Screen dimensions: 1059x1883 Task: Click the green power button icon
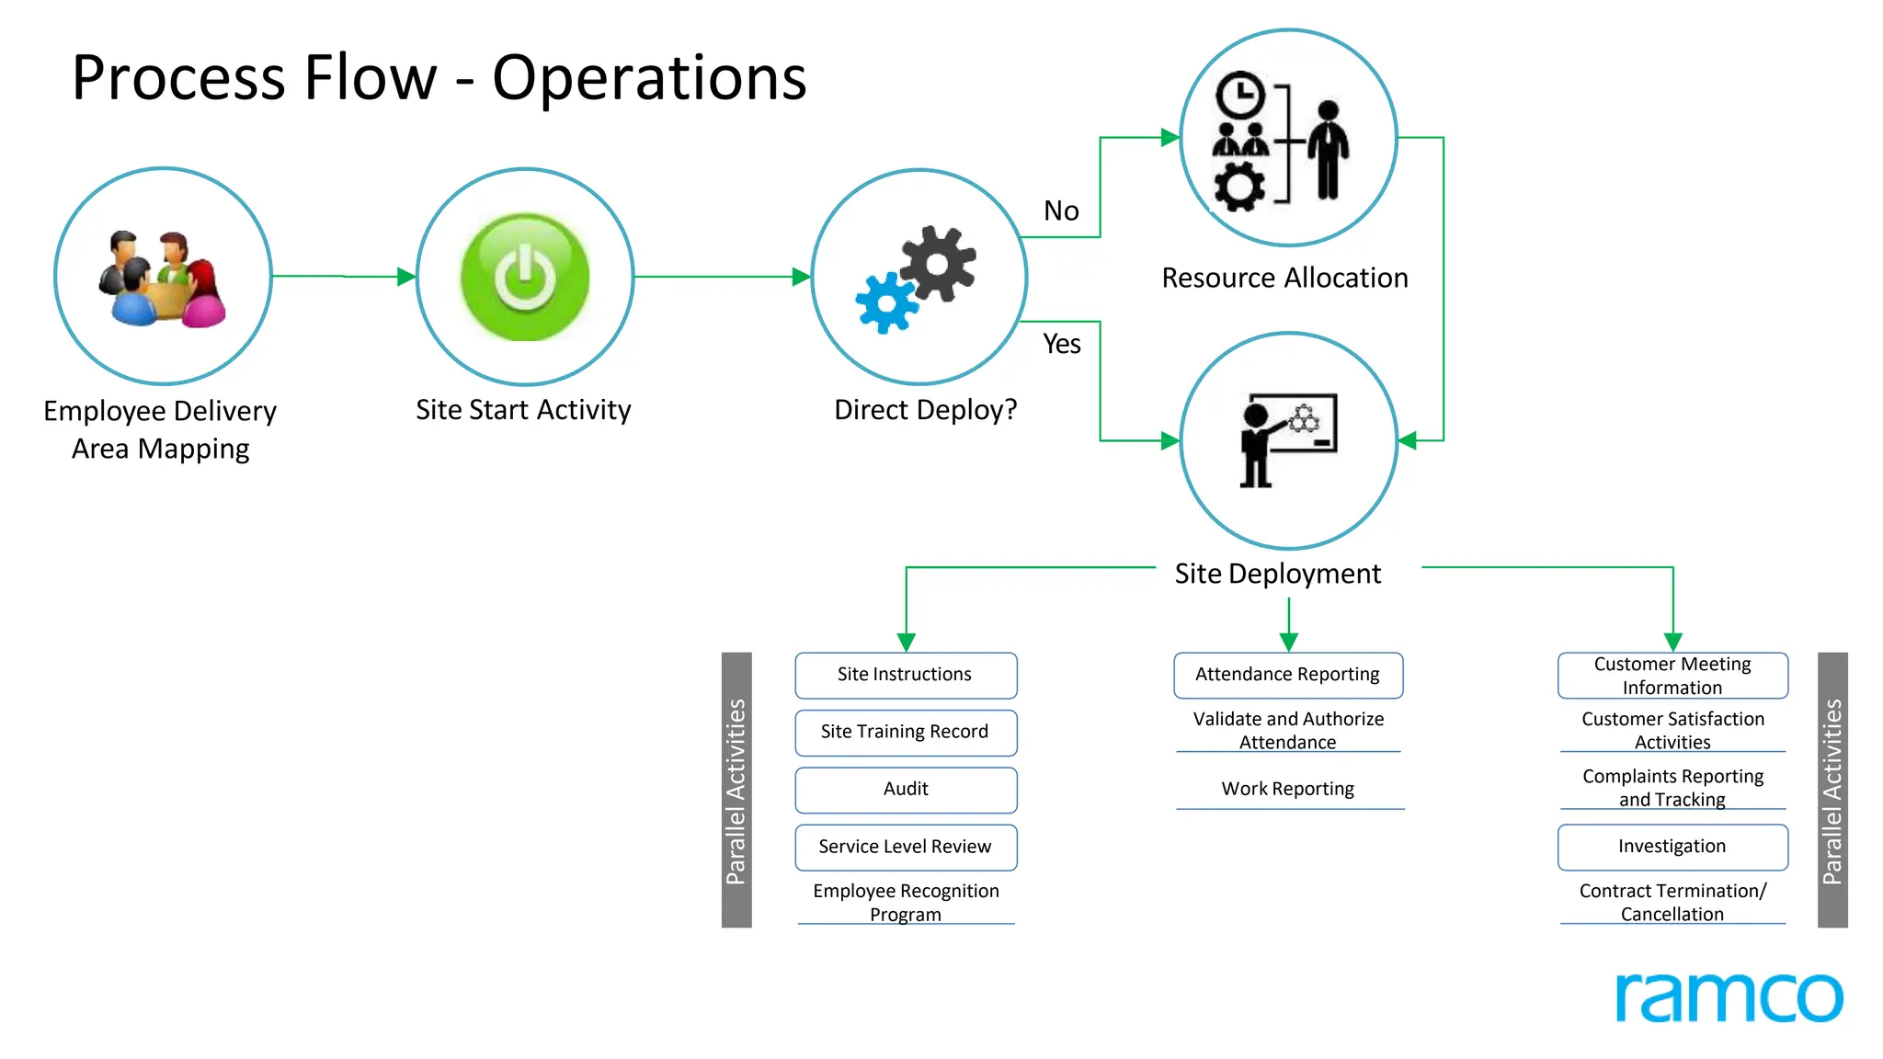(x=525, y=277)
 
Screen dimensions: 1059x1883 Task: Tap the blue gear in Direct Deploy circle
(x=885, y=302)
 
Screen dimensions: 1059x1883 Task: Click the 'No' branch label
(x=1061, y=211)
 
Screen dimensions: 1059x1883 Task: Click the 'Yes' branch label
(x=1062, y=344)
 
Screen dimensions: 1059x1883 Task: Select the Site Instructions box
(x=906, y=675)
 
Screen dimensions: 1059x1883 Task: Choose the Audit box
(x=906, y=789)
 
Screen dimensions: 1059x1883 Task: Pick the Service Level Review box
(x=906, y=847)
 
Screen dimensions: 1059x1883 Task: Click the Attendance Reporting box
(x=1288, y=675)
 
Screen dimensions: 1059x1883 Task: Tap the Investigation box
(x=1672, y=847)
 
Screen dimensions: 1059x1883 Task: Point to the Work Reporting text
(x=1288, y=789)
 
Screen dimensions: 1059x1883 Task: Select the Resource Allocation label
(x=1284, y=278)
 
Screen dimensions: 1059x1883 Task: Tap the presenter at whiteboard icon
(x=1287, y=440)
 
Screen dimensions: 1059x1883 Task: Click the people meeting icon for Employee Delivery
(x=163, y=279)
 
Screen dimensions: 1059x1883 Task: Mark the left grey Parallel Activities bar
(x=736, y=790)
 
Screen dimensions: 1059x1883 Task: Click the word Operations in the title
(x=649, y=78)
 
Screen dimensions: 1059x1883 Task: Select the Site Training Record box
(x=906, y=732)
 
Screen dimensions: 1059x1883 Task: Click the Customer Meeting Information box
(x=1672, y=676)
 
